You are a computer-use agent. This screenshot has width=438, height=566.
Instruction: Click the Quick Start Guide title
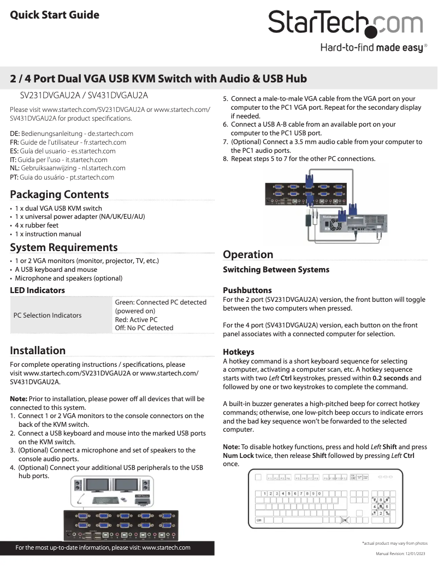click(x=55, y=15)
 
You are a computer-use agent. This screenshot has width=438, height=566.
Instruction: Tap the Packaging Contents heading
click(x=60, y=194)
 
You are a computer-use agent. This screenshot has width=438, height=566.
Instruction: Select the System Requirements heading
click(x=64, y=247)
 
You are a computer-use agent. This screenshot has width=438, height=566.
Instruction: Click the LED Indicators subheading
click(x=38, y=290)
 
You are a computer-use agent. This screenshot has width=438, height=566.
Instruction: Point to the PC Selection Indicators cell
click(x=48, y=315)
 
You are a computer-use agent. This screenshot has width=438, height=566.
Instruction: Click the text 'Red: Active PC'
click(x=136, y=319)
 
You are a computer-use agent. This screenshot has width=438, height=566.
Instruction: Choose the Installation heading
click(x=38, y=350)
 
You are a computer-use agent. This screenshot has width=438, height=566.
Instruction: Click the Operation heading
click(x=248, y=254)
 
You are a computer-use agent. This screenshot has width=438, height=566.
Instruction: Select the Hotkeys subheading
click(x=239, y=352)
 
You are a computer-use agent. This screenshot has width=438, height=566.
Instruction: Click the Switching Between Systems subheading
click(x=276, y=270)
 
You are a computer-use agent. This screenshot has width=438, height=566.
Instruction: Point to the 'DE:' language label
click(x=15, y=134)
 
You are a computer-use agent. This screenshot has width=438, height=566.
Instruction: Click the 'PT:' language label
click(x=15, y=177)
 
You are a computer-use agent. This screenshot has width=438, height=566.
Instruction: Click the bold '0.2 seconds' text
click(x=390, y=378)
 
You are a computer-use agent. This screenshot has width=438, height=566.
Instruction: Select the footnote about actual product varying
click(x=394, y=543)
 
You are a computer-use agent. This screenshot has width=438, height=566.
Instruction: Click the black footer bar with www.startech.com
click(x=103, y=547)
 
